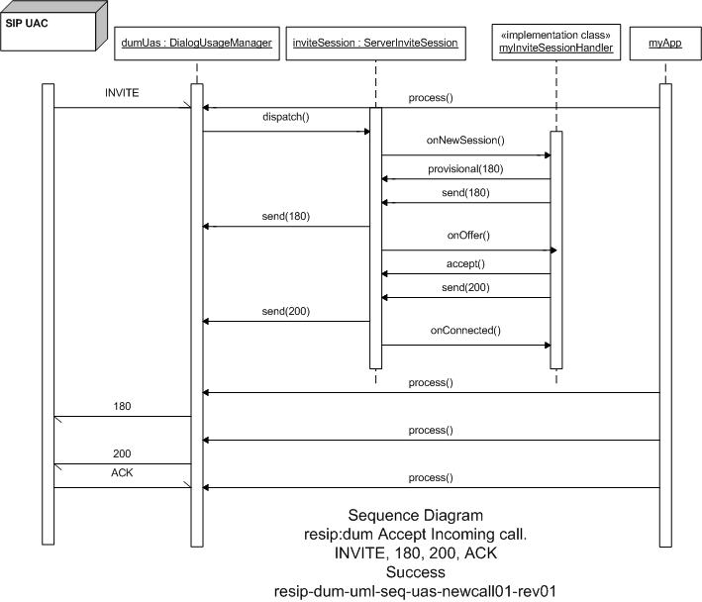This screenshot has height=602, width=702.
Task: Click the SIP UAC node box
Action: (49, 31)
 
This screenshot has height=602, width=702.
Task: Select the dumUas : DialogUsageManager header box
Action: (197, 44)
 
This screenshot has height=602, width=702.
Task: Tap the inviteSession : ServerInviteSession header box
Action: (375, 44)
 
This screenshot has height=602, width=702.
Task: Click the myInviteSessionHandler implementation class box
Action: (556, 42)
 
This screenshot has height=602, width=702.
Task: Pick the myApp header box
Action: (665, 44)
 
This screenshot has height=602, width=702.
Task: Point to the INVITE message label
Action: (122, 93)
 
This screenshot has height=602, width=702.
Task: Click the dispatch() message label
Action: (285, 117)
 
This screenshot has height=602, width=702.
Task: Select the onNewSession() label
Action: (465, 140)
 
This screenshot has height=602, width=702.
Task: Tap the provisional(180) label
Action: (465, 168)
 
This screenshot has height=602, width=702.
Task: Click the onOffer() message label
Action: (468, 236)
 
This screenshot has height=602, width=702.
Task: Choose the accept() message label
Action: (465, 263)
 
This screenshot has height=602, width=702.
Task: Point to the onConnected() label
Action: (465, 331)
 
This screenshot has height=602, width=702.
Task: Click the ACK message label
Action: (122, 472)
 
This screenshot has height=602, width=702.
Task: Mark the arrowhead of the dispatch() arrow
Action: (367, 132)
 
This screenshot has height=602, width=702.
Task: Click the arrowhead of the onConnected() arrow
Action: (548, 346)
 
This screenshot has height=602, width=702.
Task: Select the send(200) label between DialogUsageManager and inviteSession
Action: (285, 311)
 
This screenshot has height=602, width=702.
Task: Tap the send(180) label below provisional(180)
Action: (465, 192)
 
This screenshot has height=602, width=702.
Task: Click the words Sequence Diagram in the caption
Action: (416, 515)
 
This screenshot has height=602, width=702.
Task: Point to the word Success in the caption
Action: (416, 572)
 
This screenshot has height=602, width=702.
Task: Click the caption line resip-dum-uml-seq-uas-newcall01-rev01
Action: (415, 591)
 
